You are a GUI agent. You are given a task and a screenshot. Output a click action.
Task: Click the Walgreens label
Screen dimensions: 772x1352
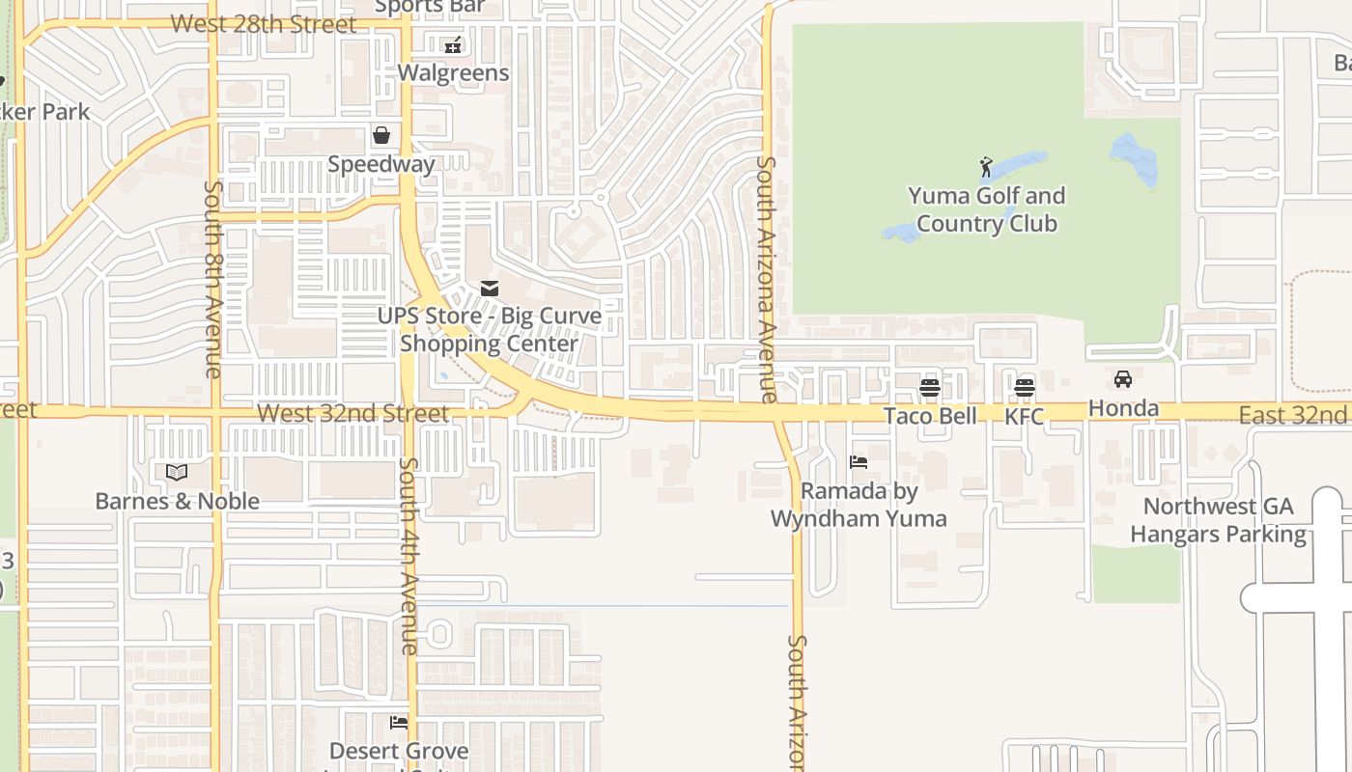pos(453,72)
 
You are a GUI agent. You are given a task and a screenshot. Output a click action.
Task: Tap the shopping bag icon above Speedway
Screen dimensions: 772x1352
pos(381,135)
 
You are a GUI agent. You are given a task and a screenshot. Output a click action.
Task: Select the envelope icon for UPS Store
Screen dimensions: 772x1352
pos(490,288)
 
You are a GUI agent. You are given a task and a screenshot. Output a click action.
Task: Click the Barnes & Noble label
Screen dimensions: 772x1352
pos(177,501)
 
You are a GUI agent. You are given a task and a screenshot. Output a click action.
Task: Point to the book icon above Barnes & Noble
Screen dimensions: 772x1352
pos(176,472)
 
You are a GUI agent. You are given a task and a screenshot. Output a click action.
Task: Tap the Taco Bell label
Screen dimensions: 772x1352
pos(930,416)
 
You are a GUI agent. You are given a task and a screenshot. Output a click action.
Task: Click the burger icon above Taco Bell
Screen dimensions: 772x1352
pos(930,388)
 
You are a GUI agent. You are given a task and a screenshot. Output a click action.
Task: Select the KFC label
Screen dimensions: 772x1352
pos(1024,416)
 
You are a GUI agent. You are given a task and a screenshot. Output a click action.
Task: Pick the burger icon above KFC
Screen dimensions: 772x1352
pos(1024,388)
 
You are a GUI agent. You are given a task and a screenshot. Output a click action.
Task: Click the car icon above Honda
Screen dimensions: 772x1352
pos(1122,379)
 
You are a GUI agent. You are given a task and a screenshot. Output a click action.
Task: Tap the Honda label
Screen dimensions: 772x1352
pos(1123,408)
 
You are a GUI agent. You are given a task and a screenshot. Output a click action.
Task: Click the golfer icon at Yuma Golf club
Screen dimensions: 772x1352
pos(986,167)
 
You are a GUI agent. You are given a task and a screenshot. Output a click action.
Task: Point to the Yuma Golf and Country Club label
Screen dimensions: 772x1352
pos(986,209)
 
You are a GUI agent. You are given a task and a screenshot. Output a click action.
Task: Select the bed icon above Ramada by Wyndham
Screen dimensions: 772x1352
pos(858,462)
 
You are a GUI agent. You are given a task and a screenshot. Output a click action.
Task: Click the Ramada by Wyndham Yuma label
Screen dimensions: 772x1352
pos(859,505)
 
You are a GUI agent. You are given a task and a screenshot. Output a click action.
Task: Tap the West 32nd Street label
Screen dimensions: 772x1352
pos(352,414)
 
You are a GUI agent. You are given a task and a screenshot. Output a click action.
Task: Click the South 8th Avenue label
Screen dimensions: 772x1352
pos(213,278)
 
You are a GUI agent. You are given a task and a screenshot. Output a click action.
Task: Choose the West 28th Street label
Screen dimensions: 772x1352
pos(263,24)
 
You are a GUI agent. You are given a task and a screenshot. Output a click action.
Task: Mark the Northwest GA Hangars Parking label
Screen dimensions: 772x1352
pos(1218,520)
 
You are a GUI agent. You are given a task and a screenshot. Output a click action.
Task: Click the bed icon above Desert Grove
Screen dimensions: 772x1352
pos(398,722)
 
